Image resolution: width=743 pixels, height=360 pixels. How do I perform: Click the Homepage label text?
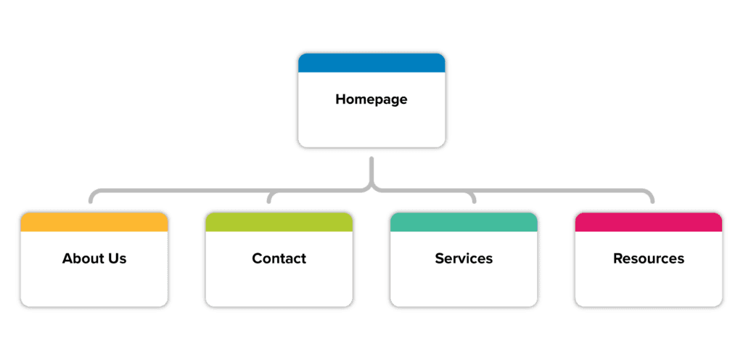[x=371, y=99]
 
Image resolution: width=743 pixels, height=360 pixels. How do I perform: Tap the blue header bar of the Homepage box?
[x=371, y=62]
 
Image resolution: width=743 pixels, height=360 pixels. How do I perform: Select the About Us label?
[x=94, y=258]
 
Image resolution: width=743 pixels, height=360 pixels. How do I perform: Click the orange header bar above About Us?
[x=94, y=222]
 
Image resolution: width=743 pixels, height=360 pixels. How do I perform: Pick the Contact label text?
[x=279, y=258]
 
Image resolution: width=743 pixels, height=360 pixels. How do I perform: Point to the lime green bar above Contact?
[x=279, y=222]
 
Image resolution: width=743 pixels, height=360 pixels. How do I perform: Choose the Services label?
[x=464, y=258]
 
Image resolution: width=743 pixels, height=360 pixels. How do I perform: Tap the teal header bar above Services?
[x=464, y=222]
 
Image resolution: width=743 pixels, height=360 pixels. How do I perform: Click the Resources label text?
[x=648, y=258]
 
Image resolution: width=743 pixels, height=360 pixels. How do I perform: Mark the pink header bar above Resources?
[x=648, y=222]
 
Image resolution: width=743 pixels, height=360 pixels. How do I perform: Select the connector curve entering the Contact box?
[x=271, y=197]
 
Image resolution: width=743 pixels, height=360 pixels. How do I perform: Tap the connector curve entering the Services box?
[x=472, y=197]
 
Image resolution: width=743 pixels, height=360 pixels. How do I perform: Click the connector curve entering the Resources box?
[x=651, y=197]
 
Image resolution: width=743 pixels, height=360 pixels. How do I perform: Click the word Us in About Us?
[x=117, y=258]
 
